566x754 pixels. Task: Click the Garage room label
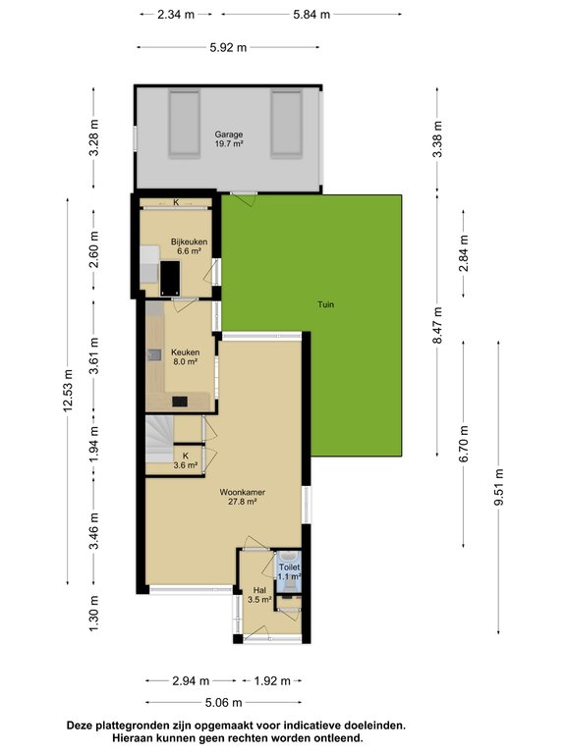click(x=229, y=138)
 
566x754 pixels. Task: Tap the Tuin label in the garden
click(x=325, y=304)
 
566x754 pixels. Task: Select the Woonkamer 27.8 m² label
click(x=242, y=497)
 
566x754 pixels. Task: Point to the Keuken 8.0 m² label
click(x=186, y=356)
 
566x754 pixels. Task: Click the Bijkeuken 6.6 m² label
click(x=189, y=246)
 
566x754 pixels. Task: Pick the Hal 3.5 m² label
click(x=259, y=595)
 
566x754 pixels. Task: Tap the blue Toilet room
click(x=289, y=571)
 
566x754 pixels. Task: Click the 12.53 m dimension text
click(x=68, y=390)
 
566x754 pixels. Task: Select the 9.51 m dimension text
click(x=498, y=487)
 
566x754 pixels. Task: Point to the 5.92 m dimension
click(x=228, y=47)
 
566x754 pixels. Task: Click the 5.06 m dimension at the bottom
click(x=223, y=703)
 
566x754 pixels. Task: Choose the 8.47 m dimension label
click(x=437, y=326)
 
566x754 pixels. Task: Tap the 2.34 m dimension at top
click(x=176, y=15)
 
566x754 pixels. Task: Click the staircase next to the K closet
click(x=160, y=440)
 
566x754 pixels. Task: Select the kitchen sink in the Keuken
click(x=154, y=354)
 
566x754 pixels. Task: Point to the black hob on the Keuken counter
click(x=180, y=401)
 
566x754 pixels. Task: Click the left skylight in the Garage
click(x=184, y=124)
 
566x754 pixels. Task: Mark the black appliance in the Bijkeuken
click(x=170, y=279)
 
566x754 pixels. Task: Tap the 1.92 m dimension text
click(x=272, y=681)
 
